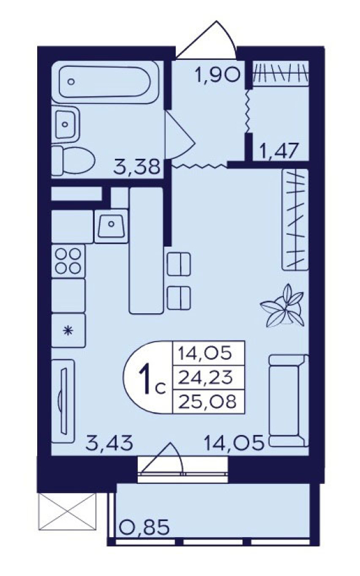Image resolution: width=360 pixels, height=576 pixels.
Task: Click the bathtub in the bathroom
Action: [x=105, y=82]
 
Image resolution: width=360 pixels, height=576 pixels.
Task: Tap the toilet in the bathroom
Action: [x=73, y=160]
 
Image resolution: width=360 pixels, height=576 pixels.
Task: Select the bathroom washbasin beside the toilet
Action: [x=66, y=124]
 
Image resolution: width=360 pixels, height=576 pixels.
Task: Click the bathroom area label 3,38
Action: [x=137, y=167]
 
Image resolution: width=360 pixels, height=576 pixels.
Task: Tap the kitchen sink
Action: [x=111, y=226]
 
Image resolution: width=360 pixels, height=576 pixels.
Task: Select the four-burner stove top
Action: [x=68, y=260]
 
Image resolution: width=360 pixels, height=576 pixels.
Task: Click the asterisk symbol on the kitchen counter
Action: [x=67, y=331]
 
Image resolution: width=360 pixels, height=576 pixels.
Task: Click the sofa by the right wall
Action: [x=288, y=400]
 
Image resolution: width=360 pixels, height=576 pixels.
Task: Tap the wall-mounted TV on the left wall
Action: [x=63, y=400]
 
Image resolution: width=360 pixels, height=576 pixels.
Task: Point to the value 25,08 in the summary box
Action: [x=207, y=401]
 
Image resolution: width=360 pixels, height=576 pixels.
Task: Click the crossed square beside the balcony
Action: [x=67, y=511]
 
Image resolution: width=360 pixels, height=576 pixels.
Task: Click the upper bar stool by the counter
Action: [x=179, y=263]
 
